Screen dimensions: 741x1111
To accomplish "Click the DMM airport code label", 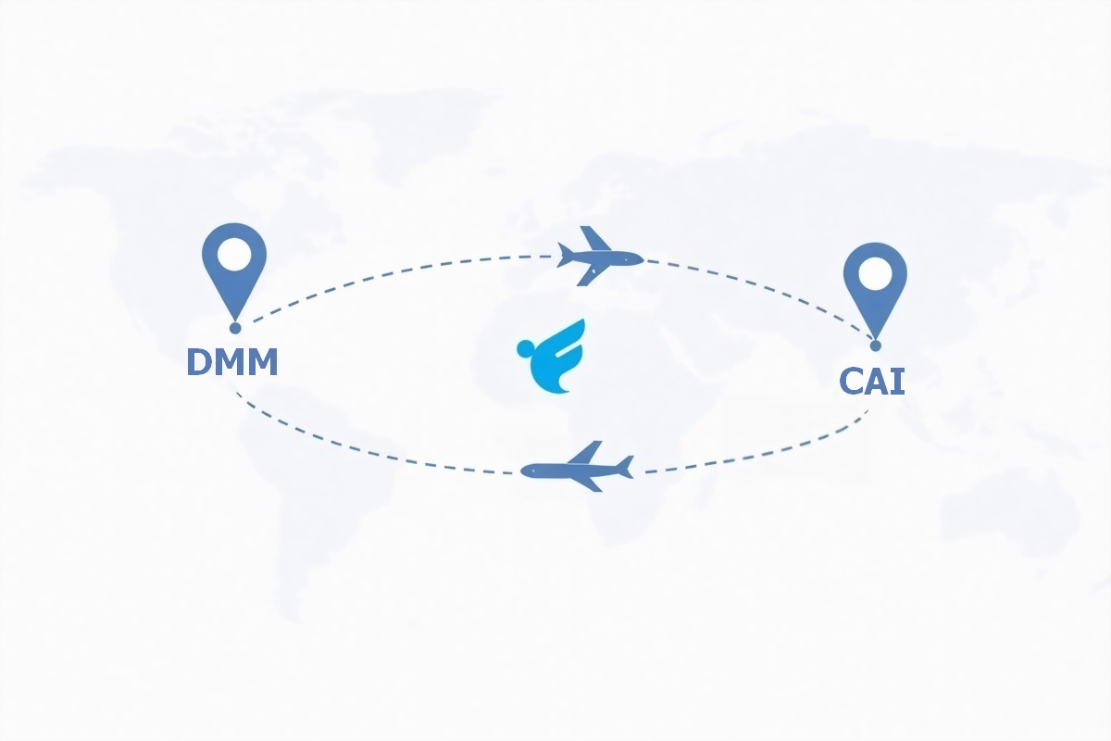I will pyautogui.click(x=232, y=362).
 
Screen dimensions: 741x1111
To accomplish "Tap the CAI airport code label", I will pyautogui.click(x=871, y=381).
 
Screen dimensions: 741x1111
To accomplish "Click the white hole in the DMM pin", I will pyautogui.click(x=234, y=253).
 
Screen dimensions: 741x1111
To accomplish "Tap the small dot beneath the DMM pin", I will pyautogui.click(x=235, y=328).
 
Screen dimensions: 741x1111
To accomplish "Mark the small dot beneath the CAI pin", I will pyautogui.click(x=875, y=345).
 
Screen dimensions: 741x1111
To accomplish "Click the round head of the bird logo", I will pyautogui.click(x=526, y=348).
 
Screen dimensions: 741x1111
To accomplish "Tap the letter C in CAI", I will pyautogui.click(x=853, y=382).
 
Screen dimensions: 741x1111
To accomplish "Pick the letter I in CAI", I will pyautogui.click(x=898, y=381).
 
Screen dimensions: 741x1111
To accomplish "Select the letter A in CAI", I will pyautogui.click(x=878, y=381).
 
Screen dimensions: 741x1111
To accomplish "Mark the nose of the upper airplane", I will pyautogui.click(x=640, y=259).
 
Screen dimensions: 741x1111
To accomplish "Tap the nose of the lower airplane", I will pyautogui.click(x=525, y=471).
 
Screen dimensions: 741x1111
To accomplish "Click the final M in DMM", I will pyautogui.click(x=262, y=362).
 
